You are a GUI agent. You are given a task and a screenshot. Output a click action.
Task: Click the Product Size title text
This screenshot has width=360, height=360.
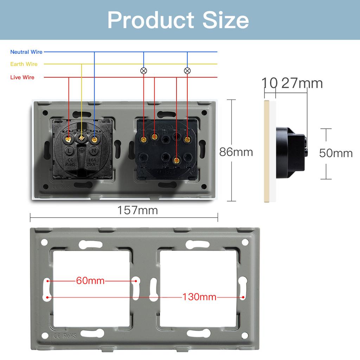coord(178,20)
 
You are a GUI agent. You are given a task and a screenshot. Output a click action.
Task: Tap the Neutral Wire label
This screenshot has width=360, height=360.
coord(26,52)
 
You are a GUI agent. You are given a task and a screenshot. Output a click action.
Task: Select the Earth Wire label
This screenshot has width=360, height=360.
coord(24,64)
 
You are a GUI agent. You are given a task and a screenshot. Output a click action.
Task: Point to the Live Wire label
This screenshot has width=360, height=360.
coord(22,77)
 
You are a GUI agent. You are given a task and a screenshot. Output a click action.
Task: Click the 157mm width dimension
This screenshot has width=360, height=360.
coord(137,210)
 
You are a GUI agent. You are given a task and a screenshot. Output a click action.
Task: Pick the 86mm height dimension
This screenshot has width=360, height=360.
coord(236,152)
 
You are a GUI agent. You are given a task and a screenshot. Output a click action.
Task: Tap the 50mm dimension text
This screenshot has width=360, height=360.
coord(336,153)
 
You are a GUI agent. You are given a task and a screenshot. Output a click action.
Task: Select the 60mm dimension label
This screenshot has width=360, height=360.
coord(90,281)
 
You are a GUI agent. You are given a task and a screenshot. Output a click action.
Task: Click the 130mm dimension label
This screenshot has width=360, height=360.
coord(199,297)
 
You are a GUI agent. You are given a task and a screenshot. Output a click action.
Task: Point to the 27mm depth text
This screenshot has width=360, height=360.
coord(302,83)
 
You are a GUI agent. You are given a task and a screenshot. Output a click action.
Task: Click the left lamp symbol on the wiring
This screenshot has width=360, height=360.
coord(143,71)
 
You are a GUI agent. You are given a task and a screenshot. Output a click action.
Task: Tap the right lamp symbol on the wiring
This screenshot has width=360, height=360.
coord(187,71)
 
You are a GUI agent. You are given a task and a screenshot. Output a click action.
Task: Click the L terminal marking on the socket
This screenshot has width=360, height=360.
coord(70,150)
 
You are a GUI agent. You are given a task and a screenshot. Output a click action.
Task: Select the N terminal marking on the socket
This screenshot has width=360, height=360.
coord(94,150)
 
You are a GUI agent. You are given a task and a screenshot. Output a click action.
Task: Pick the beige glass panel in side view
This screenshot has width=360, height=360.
coord(267,151)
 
